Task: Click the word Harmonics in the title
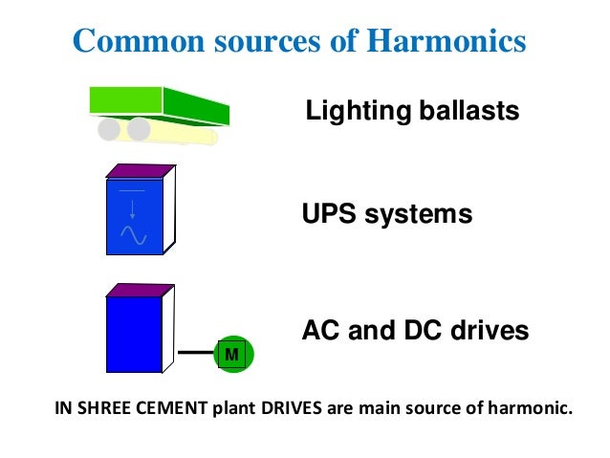tap(447, 41)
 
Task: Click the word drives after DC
tap(488, 331)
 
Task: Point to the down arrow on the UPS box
tap(132, 208)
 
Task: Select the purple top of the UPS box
tap(140, 171)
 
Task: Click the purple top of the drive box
tap(140, 290)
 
